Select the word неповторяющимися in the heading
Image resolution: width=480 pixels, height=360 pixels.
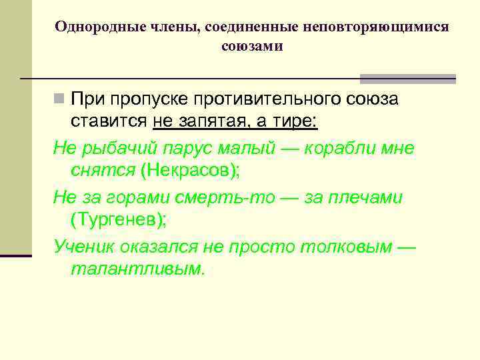(x=375, y=27)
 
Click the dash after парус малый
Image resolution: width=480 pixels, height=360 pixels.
(x=289, y=148)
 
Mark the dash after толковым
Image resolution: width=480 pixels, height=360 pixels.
(x=406, y=247)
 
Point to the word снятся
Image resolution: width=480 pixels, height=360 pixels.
(x=103, y=170)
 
